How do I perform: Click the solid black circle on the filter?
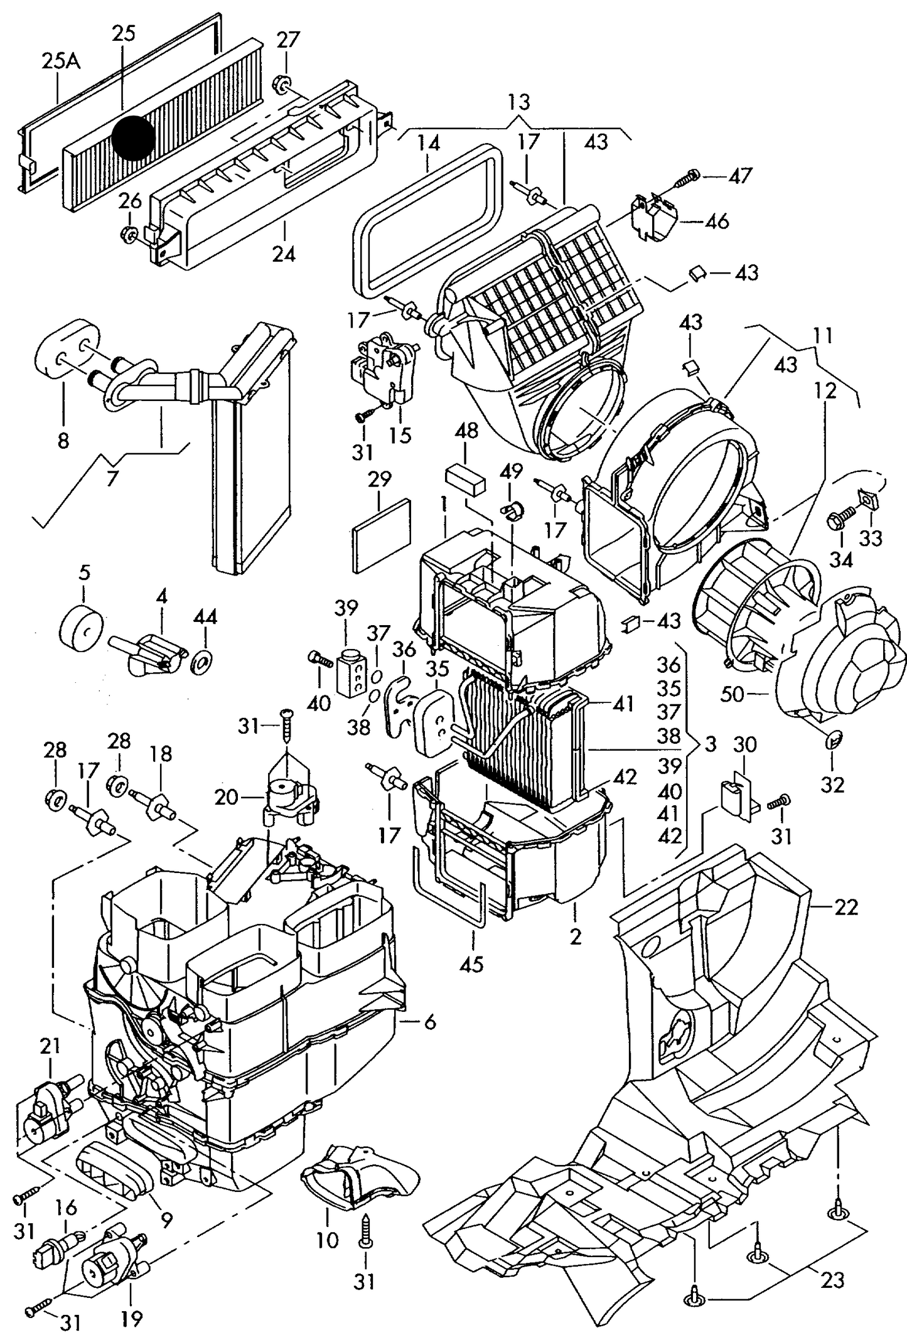[x=134, y=138]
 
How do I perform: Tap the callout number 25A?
[x=61, y=62]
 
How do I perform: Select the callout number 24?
[x=284, y=254]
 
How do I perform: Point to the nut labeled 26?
[x=129, y=234]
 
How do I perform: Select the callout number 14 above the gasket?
[x=428, y=144]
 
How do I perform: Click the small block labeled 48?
[x=465, y=481]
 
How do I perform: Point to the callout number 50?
[x=732, y=694]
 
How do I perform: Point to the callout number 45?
[x=472, y=965]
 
